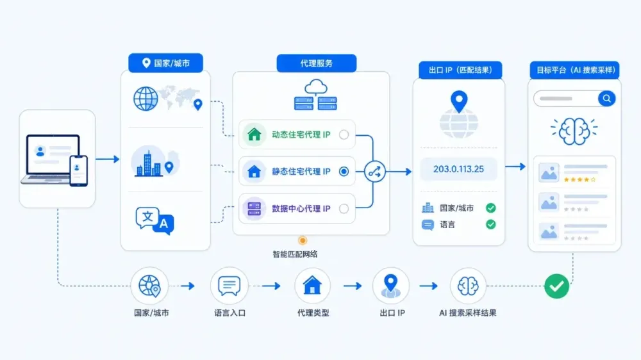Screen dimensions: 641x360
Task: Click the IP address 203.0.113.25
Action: click(458, 169)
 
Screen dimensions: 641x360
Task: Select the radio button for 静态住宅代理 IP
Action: click(344, 172)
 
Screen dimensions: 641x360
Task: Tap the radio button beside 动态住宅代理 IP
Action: click(344, 135)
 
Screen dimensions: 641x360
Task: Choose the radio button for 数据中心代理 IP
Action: click(344, 208)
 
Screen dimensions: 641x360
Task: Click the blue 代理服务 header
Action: click(317, 63)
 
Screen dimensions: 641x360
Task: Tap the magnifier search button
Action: click(606, 99)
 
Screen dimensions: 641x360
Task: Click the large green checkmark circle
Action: click(557, 286)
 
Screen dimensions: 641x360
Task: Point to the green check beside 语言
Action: click(490, 224)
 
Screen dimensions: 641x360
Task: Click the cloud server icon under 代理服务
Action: click(315, 95)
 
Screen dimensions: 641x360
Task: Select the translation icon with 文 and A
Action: click(155, 220)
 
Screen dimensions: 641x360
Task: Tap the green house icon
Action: click(254, 135)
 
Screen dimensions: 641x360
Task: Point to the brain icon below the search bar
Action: click(574, 131)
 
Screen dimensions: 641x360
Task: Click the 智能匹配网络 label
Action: click(295, 254)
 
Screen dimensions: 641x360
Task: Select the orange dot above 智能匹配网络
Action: click(303, 240)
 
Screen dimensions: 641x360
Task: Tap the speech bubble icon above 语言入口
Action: click(229, 285)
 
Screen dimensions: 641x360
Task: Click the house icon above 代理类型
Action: click(312, 285)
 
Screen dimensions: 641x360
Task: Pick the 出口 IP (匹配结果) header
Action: click(460, 70)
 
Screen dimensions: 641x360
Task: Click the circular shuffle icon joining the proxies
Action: click(374, 172)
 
